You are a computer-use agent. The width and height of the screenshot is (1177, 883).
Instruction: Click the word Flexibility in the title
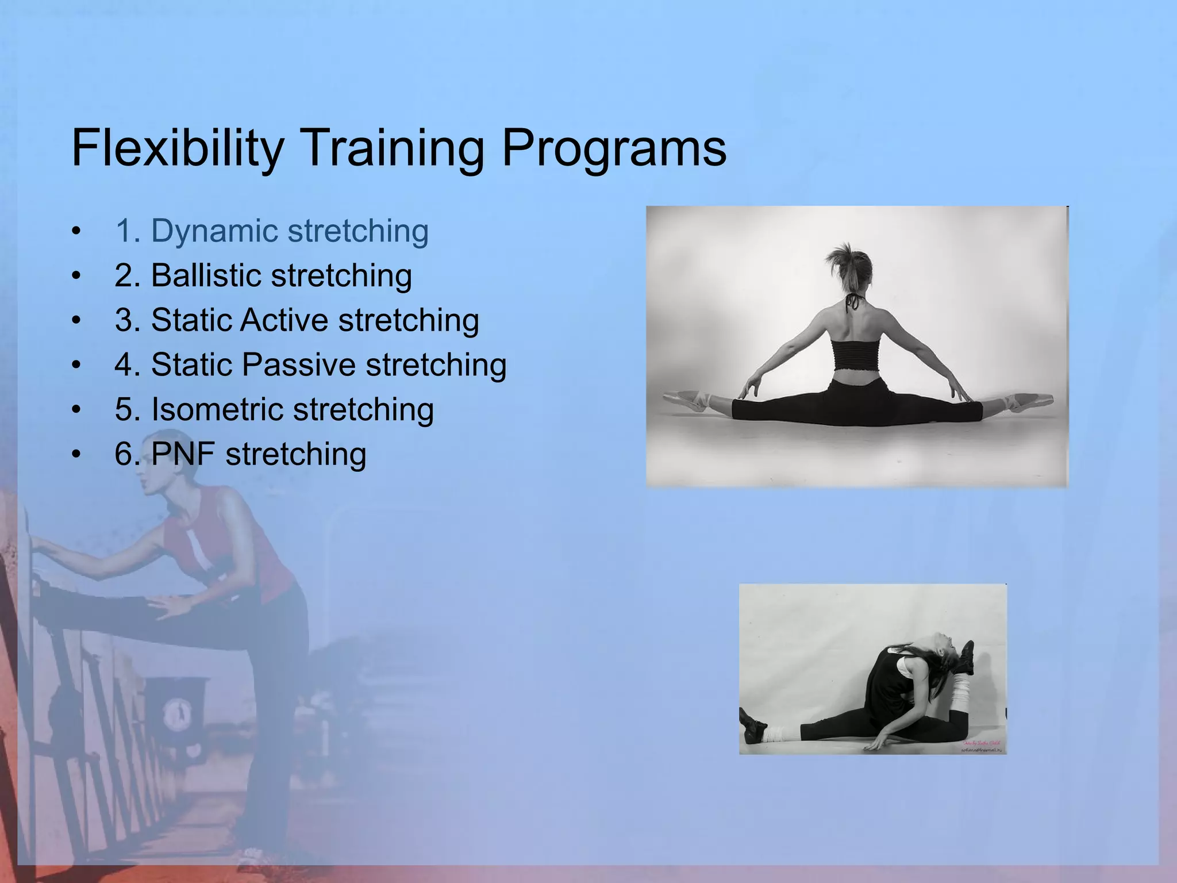point(177,148)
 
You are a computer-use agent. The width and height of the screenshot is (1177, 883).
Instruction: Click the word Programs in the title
point(614,148)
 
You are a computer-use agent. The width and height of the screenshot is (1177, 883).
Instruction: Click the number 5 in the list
point(124,409)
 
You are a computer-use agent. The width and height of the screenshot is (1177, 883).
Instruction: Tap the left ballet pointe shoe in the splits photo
point(687,400)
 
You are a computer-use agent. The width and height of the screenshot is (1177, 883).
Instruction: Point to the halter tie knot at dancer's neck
point(855,302)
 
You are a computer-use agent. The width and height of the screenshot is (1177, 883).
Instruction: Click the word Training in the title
point(392,148)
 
